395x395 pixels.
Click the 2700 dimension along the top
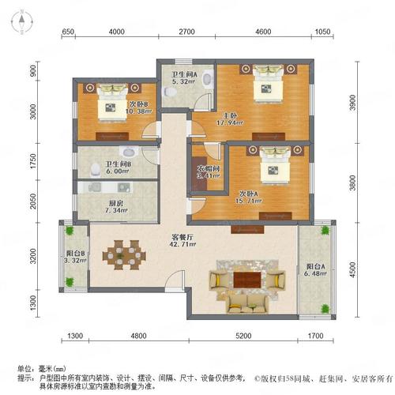point(186,32)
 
